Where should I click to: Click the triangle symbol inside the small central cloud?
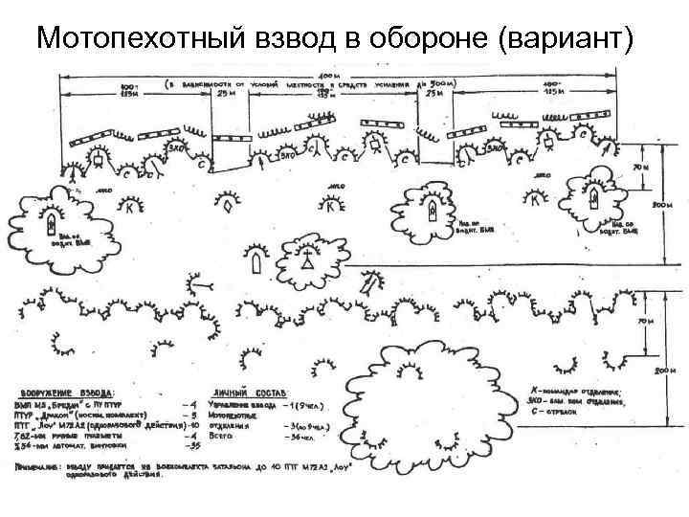[x=307, y=259]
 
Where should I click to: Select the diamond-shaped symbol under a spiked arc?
[x=227, y=204]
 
